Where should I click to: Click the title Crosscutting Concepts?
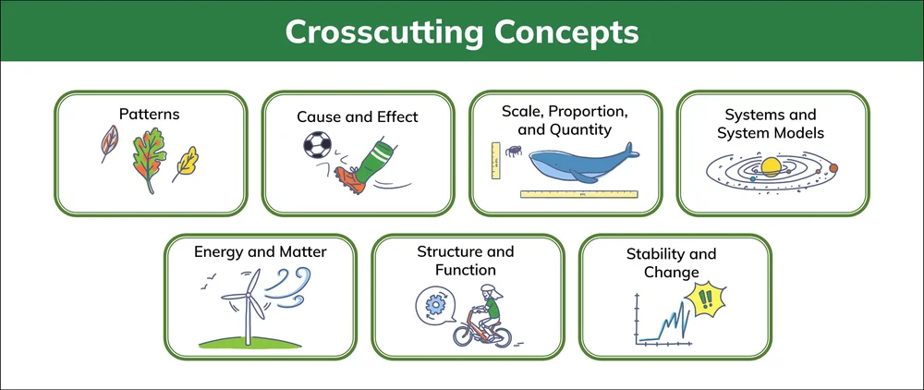pyautogui.click(x=461, y=30)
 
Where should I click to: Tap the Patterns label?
pyautogui.click(x=149, y=115)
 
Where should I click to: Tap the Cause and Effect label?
pyautogui.click(x=357, y=117)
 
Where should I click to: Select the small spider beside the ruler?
pyautogui.click(x=508, y=148)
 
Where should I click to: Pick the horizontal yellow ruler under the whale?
pyautogui.click(x=579, y=194)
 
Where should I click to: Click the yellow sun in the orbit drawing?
pyautogui.click(x=770, y=166)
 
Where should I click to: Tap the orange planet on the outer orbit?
pyautogui.click(x=833, y=167)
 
